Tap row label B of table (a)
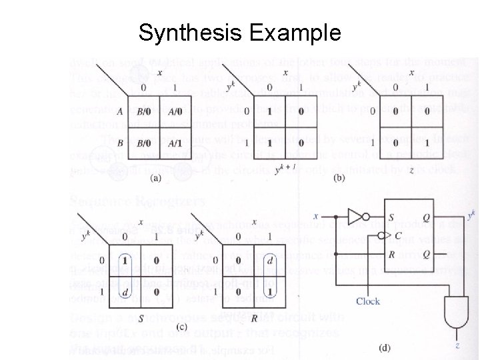coord(119,143)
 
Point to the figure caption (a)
coord(157,178)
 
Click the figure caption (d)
coord(385,347)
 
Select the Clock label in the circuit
coord(368,301)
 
